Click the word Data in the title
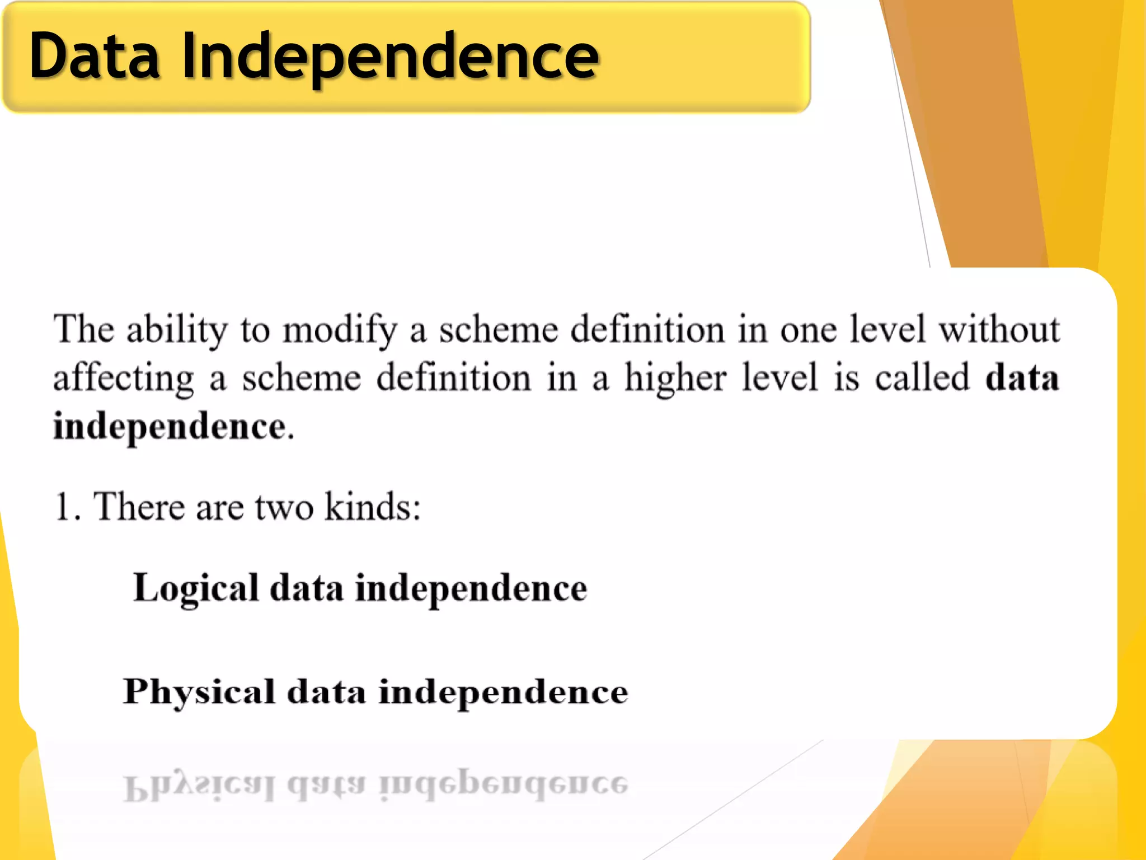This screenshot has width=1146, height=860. click(x=94, y=56)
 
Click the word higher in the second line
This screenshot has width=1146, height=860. click(x=675, y=378)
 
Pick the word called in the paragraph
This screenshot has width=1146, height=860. click(x=922, y=377)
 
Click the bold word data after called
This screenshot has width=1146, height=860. click(x=1022, y=377)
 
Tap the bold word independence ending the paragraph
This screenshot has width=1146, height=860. click(x=170, y=427)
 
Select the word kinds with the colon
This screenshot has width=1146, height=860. click(x=372, y=506)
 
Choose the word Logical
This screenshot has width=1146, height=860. click(x=196, y=588)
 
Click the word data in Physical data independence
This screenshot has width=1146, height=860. click(x=326, y=692)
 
